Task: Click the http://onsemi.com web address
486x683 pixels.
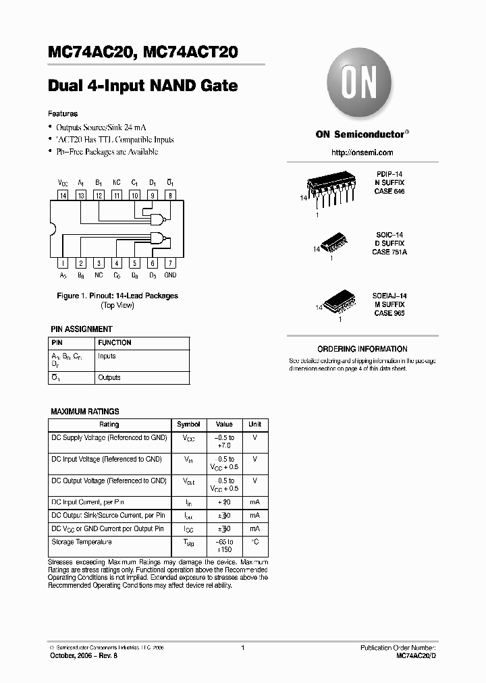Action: pyautogui.click(x=360, y=153)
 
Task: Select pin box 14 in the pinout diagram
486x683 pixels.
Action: pyautogui.click(x=63, y=196)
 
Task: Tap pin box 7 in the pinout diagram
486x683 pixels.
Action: pyautogui.click(x=171, y=263)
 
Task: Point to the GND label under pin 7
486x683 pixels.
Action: pyautogui.click(x=171, y=275)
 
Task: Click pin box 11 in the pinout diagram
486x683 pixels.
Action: pyautogui.click(x=117, y=196)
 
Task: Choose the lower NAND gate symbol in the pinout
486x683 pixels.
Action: pyautogui.click(x=159, y=238)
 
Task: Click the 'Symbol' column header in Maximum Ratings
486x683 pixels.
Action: pyautogui.click(x=188, y=425)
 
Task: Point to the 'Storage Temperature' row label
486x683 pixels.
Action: pyautogui.click(x=82, y=542)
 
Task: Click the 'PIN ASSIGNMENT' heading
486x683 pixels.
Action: pyautogui.click(x=82, y=329)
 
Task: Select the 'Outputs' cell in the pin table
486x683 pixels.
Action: pyautogui.click(x=109, y=378)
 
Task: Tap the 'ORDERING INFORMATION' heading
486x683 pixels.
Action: pyautogui.click(x=362, y=349)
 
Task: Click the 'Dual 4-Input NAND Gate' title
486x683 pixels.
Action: pyautogui.click(x=143, y=86)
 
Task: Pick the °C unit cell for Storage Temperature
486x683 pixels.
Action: pyautogui.click(x=254, y=542)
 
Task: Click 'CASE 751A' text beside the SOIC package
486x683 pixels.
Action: pyautogui.click(x=389, y=252)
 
